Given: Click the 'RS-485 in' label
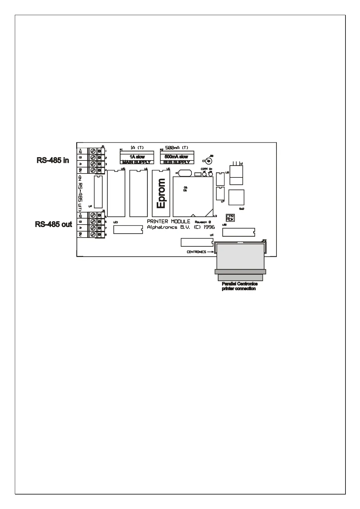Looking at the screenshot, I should click(x=53, y=160).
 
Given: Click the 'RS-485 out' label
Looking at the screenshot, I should click(x=54, y=224).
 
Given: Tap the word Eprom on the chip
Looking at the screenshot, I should click(x=162, y=193).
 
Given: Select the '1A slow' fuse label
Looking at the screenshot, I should click(x=137, y=157).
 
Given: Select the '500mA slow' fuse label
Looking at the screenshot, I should click(x=176, y=157).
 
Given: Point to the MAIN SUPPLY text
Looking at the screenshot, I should click(x=136, y=162).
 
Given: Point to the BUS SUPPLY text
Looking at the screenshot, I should click(x=177, y=162).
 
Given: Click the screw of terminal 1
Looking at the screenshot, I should click(x=93, y=151).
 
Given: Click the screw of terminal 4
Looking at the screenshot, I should click(x=93, y=170).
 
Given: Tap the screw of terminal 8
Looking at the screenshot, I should click(x=93, y=235).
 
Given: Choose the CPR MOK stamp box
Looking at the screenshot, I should click(x=230, y=218).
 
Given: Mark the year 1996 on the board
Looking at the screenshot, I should click(x=209, y=227).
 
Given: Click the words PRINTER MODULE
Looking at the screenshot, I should click(x=169, y=222).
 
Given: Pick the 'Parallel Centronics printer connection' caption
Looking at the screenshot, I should click(x=239, y=286).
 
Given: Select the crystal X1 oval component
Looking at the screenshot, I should click(x=185, y=173).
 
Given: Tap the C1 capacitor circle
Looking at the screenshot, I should click(x=208, y=161).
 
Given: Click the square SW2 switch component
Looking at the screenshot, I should click(x=236, y=197).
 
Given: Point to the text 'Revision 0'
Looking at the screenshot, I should click(x=203, y=222).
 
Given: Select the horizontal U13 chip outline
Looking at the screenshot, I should click(x=128, y=230).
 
